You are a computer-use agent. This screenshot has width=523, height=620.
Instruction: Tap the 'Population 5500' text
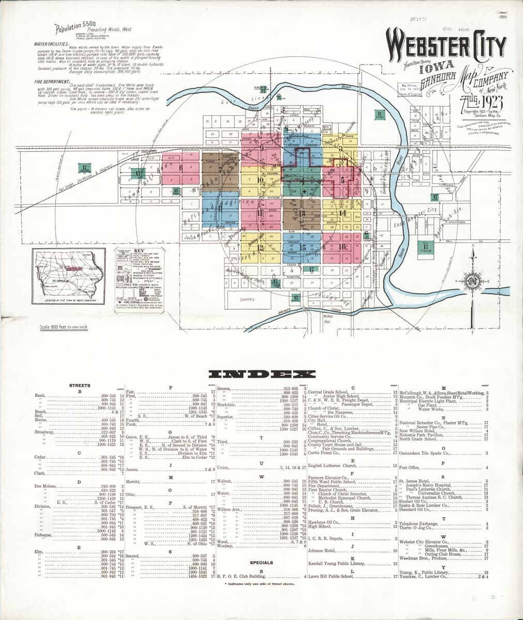coord(74,29)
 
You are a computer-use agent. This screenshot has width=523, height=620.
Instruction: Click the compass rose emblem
coord(472,281)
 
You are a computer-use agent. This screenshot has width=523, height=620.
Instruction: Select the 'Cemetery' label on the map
coord(248,300)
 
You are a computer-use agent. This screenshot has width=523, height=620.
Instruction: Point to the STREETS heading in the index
coord(80,385)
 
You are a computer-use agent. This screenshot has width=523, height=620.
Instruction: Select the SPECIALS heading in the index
coord(261,562)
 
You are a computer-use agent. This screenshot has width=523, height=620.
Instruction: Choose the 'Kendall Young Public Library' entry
coord(337,564)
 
